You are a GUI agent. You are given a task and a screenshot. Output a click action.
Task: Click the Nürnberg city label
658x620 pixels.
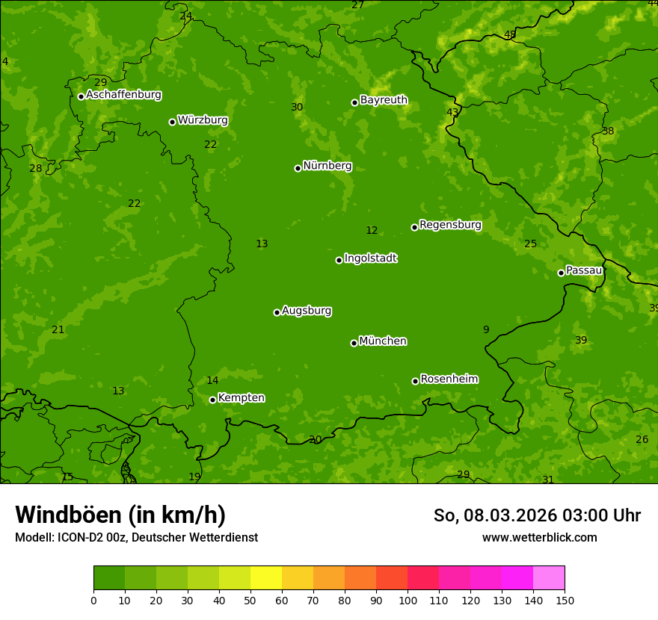(328, 166)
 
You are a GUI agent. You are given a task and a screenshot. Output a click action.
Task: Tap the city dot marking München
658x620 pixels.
(354, 343)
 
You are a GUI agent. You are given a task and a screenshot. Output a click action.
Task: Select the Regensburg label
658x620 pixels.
(450, 225)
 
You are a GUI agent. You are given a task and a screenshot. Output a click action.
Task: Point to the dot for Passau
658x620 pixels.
(561, 273)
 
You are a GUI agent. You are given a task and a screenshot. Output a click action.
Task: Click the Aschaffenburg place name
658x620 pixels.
(123, 95)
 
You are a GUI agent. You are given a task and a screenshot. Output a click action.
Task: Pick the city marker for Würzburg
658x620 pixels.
(172, 122)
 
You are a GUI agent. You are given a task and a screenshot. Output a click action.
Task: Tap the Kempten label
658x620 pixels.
(241, 398)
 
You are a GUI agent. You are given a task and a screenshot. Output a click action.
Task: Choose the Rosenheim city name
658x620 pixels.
(449, 379)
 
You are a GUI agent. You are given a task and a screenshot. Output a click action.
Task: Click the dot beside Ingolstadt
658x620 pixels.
(339, 260)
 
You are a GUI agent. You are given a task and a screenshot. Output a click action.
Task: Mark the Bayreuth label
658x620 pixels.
(384, 100)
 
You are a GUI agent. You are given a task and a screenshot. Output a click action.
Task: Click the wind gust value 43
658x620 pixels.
(452, 112)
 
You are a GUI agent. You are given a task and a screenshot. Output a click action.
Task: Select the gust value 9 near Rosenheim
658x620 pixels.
(486, 329)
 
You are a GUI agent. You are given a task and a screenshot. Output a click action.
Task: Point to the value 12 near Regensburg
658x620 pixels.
(372, 230)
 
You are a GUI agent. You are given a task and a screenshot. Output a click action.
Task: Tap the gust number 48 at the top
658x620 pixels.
(510, 34)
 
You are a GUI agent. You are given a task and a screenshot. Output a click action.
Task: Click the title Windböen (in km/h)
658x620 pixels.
(120, 515)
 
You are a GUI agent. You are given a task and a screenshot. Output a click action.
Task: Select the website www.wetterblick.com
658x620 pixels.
(539, 537)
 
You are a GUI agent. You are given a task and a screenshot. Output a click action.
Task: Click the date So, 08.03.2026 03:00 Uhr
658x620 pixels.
(537, 515)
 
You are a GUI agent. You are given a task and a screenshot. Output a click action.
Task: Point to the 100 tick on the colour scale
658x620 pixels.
(408, 600)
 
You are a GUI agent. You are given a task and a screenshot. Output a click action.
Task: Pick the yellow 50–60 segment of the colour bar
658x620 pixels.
(266, 578)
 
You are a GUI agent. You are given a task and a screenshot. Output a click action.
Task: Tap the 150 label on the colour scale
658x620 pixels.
(565, 600)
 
